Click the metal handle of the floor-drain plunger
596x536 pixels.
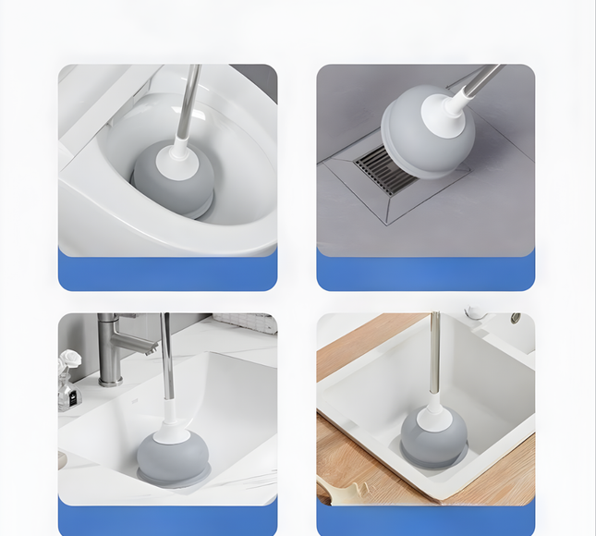click(480, 81)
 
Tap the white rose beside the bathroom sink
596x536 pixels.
click(70, 359)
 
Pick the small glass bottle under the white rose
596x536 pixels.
click(66, 396)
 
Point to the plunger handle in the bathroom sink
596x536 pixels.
click(166, 356)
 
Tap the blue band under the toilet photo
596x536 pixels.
click(167, 273)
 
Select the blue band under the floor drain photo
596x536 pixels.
click(425, 273)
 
